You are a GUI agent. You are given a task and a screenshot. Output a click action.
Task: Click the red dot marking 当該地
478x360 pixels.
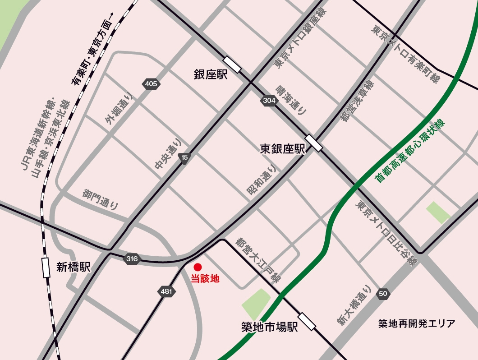tap(198, 267)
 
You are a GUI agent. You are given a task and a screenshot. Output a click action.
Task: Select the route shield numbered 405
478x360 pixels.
tap(151, 83)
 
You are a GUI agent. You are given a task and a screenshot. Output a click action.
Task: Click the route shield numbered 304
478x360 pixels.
tap(268, 101)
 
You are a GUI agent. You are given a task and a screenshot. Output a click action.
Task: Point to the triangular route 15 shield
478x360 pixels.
tap(184, 157)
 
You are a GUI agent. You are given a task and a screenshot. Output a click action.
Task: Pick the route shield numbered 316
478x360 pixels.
tap(132, 259)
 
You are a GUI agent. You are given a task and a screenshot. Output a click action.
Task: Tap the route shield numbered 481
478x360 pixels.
tap(166, 291)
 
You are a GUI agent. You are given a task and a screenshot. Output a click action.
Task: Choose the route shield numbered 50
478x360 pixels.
tap(383, 294)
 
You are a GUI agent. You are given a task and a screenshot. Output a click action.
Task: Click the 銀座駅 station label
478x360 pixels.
tap(211, 74)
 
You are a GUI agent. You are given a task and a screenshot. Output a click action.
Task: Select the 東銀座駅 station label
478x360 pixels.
tap(283, 149)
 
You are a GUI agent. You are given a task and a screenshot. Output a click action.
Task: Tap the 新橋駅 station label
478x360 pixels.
tap(74, 268)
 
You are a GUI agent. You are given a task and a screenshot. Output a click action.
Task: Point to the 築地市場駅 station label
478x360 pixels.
tap(270, 328)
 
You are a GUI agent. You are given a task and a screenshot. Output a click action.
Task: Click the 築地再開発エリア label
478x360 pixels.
tap(417, 323)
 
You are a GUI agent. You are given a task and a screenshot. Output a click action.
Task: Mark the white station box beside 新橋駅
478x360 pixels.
tap(46, 267)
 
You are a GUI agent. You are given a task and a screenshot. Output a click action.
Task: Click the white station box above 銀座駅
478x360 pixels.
tap(232, 65)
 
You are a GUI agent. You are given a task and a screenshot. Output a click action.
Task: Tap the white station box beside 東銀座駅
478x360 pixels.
tap(314, 143)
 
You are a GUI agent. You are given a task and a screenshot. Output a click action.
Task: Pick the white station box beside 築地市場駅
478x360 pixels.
tap(307, 321)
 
